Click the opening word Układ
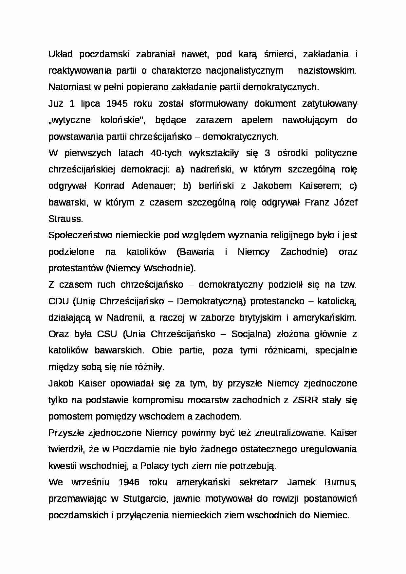pyautogui.click(x=60, y=54)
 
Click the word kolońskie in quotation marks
pyautogui.click(x=123, y=120)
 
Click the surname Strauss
pyautogui.click(x=65, y=219)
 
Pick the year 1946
pyautogui.click(x=129, y=482)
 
